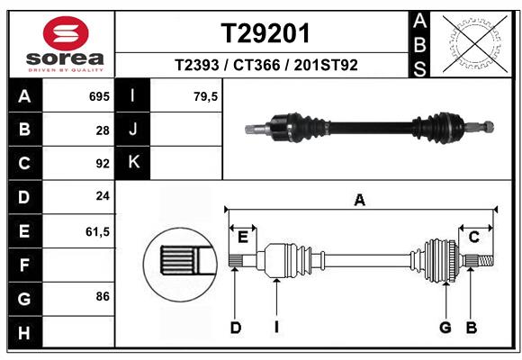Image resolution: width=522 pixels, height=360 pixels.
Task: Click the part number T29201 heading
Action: pyautogui.click(x=265, y=33)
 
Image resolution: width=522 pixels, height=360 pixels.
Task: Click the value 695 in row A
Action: pyautogui.click(x=99, y=95)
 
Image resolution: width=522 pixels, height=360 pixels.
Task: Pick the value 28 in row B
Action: pyautogui.click(x=103, y=130)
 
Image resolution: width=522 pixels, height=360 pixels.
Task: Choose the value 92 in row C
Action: pyautogui.click(x=103, y=164)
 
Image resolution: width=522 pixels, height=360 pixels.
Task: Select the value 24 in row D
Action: pyautogui.click(x=103, y=197)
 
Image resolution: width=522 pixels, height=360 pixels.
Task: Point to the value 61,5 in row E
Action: pyautogui.click(x=97, y=231)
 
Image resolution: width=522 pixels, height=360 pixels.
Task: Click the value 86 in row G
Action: pyautogui.click(x=103, y=295)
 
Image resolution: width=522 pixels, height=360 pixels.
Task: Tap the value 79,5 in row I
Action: pyautogui.click(x=206, y=95)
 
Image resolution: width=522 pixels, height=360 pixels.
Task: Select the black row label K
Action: pyautogui.click(x=133, y=163)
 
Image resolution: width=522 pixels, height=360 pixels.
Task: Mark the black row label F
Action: pyautogui.click(x=24, y=265)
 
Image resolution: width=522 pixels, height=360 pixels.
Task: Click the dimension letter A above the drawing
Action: pyautogui.click(x=360, y=201)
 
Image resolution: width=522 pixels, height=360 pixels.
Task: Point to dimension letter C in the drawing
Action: pyautogui.click(x=472, y=237)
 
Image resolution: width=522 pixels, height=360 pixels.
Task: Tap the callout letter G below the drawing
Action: pyautogui.click(x=445, y=328)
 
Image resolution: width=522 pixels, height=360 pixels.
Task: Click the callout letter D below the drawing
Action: pyautogui.click(x=235, y=328)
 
